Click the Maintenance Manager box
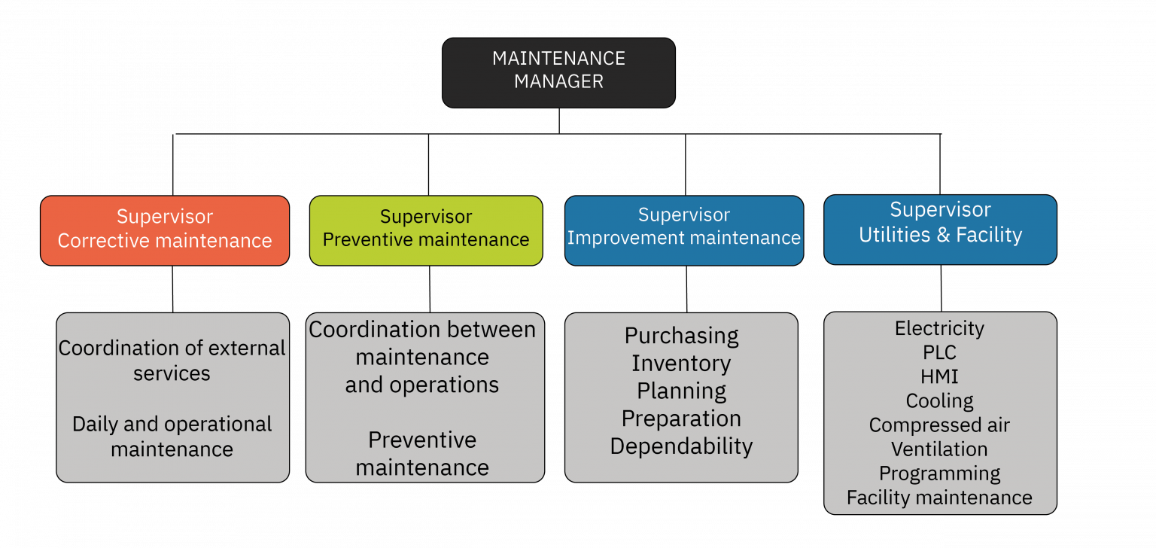click(558, 72)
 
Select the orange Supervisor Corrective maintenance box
click(165, 230)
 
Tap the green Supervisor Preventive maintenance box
click(426, 230)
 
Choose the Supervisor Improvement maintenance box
click(684, 230)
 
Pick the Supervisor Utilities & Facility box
click(940, 230)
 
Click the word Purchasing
click(682, 336)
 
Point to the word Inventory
click(681, 364)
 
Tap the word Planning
click(682, 391)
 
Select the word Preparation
click(681, 419)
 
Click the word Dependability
click(681, 446)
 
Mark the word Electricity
click(939, 328)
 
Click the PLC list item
click(939, 352)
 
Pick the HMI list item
click(939, 376)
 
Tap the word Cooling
click(939, 400)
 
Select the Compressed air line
click(939, 425)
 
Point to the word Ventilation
click(939, 449)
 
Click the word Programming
click(939, 473)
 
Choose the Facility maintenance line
click(939, 498)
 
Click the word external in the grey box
click(245, 349)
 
